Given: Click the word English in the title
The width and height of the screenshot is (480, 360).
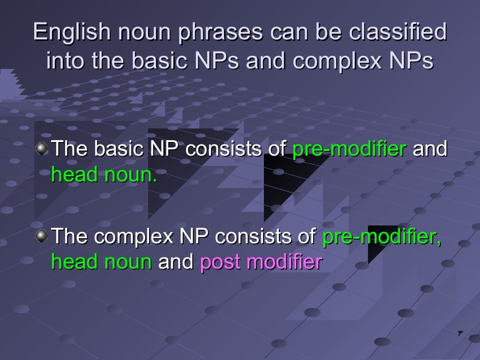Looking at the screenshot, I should coord(71,33).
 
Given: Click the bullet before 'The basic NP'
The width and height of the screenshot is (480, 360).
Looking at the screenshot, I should coord(42,149).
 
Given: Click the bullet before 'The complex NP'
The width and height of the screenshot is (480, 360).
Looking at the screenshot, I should coord(42,236).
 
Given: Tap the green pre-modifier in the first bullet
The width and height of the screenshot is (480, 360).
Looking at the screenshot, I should coord(349,149).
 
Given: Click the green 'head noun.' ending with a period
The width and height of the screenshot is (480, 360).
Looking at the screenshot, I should coord(104,175).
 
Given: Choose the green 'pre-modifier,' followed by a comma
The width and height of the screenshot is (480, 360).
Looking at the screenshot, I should coord(382,237).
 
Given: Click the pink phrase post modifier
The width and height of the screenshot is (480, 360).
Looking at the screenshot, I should coord(261,262).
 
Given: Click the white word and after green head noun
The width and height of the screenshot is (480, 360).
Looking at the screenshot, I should coord(176,262).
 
